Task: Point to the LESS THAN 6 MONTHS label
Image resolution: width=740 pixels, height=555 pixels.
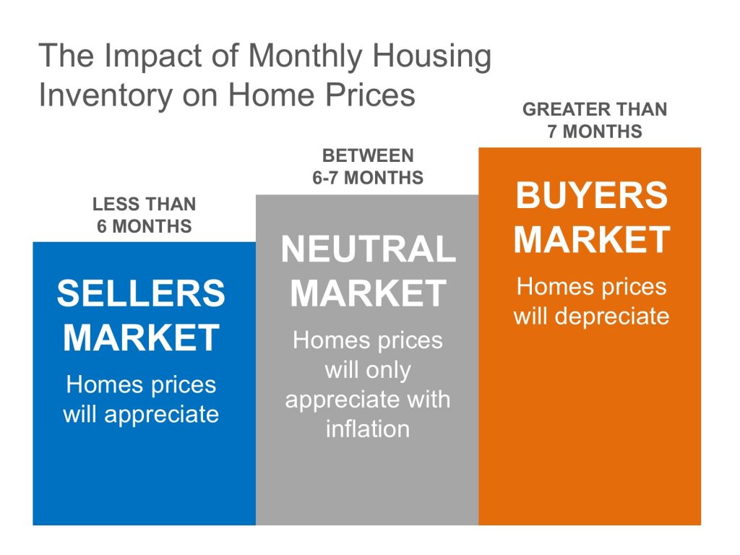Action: pos(145,215)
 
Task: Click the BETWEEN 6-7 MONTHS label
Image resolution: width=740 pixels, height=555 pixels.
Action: pos(368,167)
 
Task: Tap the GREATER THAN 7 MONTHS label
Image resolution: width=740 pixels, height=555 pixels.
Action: pos(595,121)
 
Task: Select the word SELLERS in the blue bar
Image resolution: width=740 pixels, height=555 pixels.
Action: pos(141,293)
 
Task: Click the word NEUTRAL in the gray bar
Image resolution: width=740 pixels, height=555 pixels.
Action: pos(369,249)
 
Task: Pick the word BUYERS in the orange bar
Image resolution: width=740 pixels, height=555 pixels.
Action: pos(592,195)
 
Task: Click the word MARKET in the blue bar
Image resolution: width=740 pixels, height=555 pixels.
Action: pos(141,337)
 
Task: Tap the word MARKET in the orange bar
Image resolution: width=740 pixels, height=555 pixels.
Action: pos(592,239)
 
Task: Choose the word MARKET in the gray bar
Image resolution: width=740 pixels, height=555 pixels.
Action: pos(369,293)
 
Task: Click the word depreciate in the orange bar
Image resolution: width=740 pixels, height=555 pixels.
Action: pos(611,317)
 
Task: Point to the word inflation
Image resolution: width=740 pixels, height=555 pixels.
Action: pos(368,429)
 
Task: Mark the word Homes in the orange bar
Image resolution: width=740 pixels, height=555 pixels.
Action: pos(548,286)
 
